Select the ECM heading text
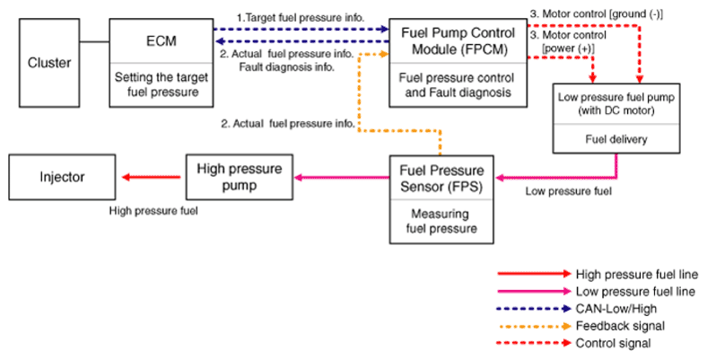coord(161,41)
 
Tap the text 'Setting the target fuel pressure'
coord(161,84)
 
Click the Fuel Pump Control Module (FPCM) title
coord(458,41)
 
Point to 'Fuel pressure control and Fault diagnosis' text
coord(458,85)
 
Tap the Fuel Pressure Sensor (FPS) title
coord(441,179)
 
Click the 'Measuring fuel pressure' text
coord(441,221)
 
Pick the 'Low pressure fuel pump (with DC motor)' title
coord(615,104)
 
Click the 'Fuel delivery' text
coord(615,139)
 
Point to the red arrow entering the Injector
coord(152,177)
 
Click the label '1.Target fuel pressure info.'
coord(301,18)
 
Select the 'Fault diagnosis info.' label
coord(287,67)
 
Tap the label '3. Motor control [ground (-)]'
coord(596,14)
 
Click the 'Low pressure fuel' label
coord(569,191)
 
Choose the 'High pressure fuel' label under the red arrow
coord(153,211)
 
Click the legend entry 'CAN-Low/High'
coord(615,309)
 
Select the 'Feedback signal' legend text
coord(620,326)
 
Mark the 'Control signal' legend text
coord(613,343)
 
